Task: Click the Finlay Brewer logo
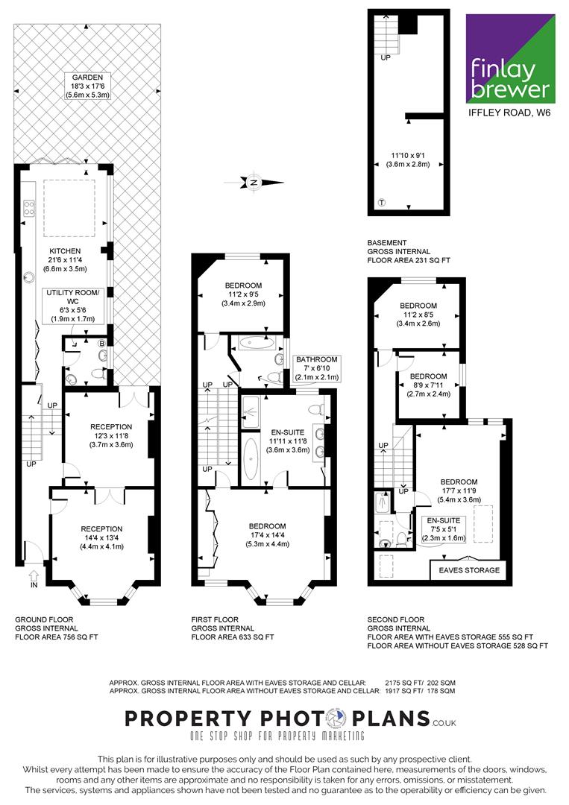[x=510, y=59]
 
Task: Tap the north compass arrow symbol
[x=254, y=183]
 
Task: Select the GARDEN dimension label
[x=87, y=86]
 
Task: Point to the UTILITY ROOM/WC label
[x=73, y=306]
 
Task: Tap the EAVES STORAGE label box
[x=468, y=570]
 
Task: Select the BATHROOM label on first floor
[x=316, y=368]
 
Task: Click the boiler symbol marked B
[x=101, y=343]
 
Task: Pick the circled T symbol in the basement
[x=382, y=202]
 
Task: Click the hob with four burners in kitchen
[x=29, y=208]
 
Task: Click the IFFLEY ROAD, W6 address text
[x=509, y=113]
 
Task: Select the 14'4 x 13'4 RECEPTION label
[x=101, y=537]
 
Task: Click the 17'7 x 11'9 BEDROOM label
[x=459, y=490]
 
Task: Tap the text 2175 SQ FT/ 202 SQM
[x=420, y=683]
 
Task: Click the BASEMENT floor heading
[x=387, y=243]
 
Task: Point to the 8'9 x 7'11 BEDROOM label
[x=428, y=385]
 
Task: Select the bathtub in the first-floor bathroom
[x=256, y=341]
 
